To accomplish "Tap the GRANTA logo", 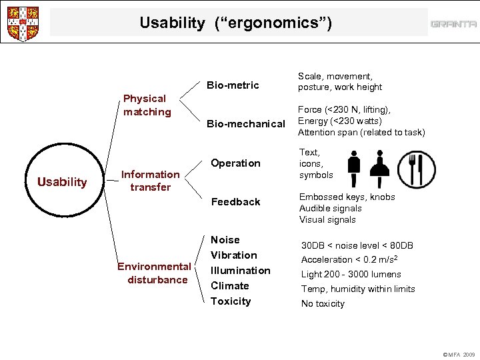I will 453,24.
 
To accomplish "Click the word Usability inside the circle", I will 62,182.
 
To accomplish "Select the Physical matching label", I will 147,105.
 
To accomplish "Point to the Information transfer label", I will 150,181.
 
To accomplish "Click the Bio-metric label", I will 232,85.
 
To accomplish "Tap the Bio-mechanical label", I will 246,123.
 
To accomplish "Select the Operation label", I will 235,163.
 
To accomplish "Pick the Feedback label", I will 235,202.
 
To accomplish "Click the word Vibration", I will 233,255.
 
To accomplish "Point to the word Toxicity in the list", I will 231,301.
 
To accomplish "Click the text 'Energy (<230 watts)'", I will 339,121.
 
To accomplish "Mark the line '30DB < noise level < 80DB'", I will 357,245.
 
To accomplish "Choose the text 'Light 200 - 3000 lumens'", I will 351,274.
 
